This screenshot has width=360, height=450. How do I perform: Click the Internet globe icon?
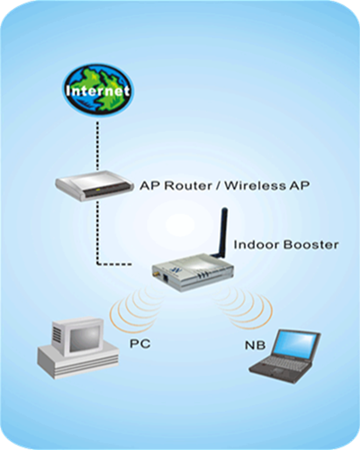pos(98,89)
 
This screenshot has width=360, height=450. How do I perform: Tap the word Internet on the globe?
pos(98,91)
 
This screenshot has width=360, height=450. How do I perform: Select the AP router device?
pos(94,185)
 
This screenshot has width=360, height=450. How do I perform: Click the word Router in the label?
pos(188,185)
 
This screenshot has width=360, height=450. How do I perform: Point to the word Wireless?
pos(256,185)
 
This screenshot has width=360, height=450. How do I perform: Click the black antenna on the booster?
pos(221,232)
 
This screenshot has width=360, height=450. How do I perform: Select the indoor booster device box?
pos(193,272)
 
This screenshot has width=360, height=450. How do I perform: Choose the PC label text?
pos(139,344)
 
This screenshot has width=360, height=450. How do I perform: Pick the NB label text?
pos(256,345)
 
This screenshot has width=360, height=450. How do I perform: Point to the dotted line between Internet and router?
pos(97,146)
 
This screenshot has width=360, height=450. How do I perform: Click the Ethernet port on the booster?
pos(166,277)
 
